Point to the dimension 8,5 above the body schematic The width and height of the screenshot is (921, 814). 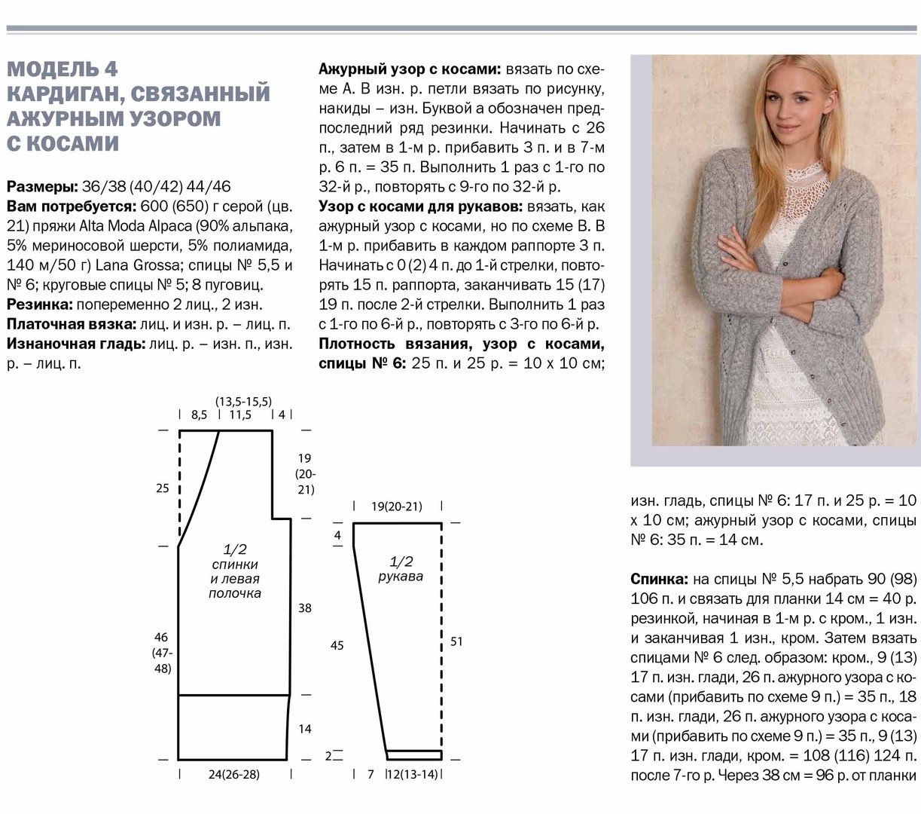coord(199,415)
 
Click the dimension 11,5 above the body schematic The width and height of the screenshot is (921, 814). coord(240,415)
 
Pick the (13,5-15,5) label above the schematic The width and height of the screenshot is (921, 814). coord(243,402)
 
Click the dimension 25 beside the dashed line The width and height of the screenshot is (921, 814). coord(162,488)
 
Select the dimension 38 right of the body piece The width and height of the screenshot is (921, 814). coord(304,607)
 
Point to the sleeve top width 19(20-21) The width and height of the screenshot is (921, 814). coord(397,506)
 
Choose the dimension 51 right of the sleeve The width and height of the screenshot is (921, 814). coord(456,641)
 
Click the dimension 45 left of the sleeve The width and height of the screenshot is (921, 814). coord(337,645)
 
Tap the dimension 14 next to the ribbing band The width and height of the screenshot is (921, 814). coord(304,730)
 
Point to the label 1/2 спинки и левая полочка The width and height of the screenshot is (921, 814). coord(235,571)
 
